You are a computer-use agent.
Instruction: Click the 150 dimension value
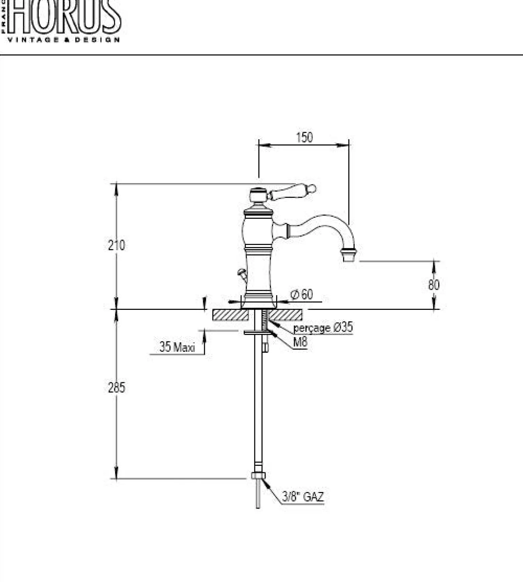(x=304, y=138)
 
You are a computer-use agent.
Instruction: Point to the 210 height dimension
(x=116, y=245)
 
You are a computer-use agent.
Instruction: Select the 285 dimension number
(x=116, y=387)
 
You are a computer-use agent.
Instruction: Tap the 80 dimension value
(x=434, y=285)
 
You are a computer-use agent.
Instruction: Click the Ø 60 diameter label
(x=302, y=294)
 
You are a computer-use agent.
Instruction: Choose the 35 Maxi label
(x=177, y=347)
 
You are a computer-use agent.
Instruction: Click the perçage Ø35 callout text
(x=323, y=328)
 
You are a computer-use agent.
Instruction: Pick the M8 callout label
(x=300, y=342)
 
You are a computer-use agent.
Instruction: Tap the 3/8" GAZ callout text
(x=303, y=497)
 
